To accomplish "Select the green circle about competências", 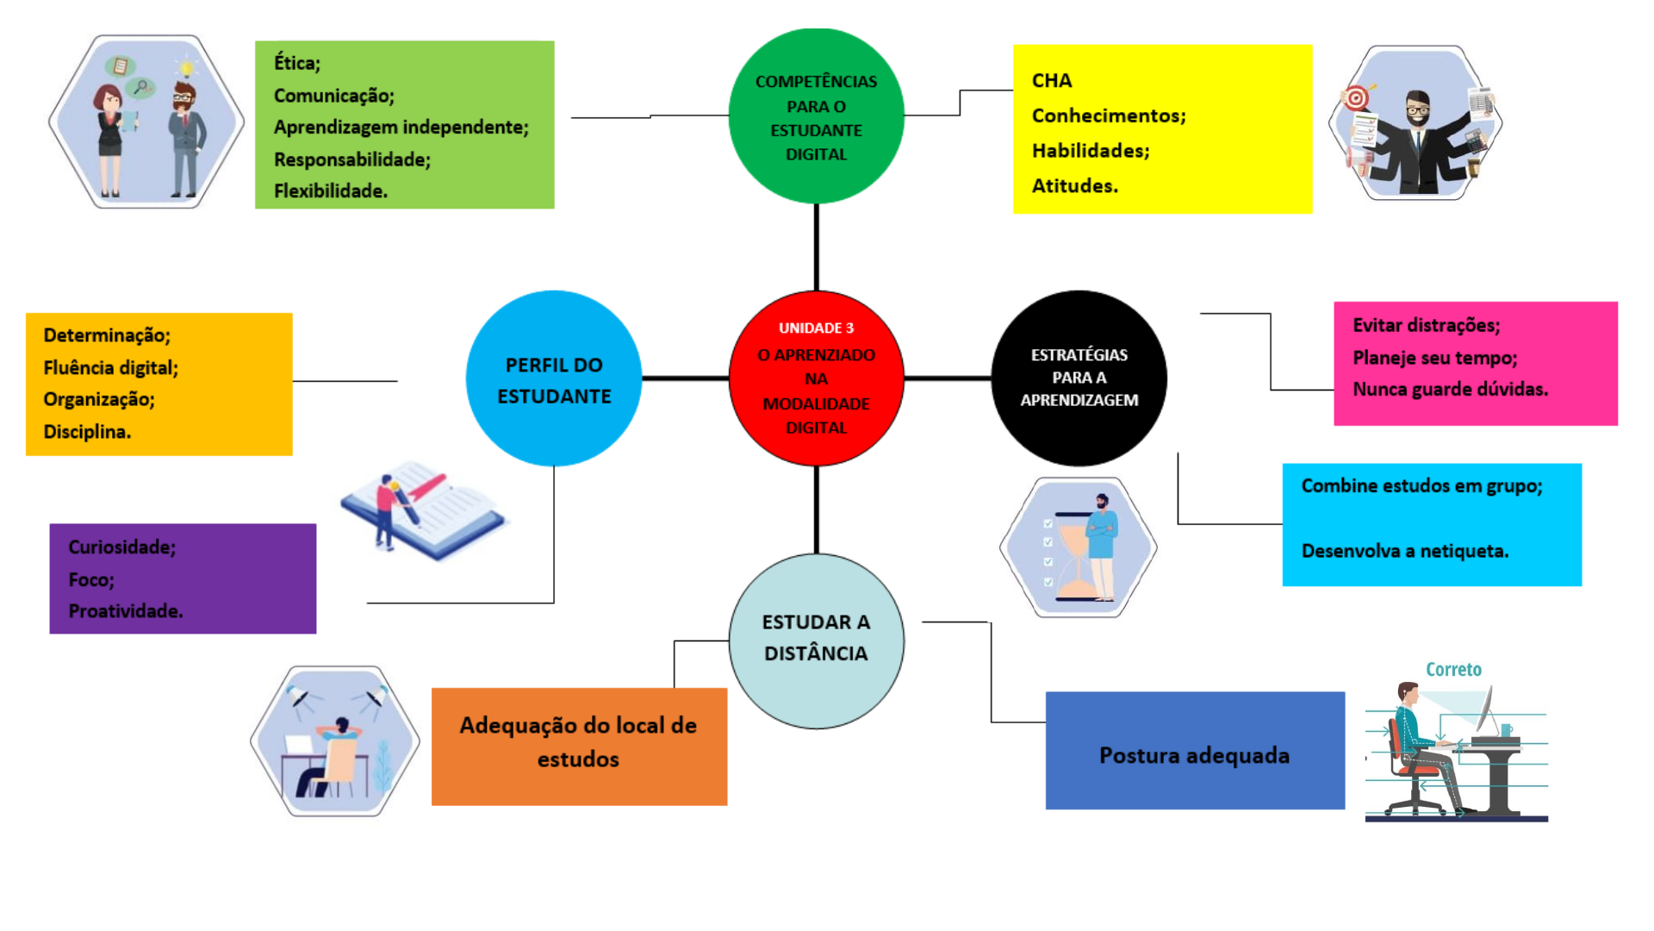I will (x=816, y=116).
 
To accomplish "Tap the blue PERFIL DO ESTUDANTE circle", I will (x=553, y=379).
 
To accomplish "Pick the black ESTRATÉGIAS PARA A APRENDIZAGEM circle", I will (x=1079, y=378).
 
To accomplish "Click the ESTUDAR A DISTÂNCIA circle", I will (x=816, y=640).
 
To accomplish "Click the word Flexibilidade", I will (x=330, y=191).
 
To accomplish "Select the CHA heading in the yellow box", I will (x=1052, y=81).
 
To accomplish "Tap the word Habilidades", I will (x=1090, y=151).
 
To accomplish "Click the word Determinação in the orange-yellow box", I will (x=107, y=335).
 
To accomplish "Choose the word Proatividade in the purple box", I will (x=125, y=611).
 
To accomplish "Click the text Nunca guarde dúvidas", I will (x=1450, y=390).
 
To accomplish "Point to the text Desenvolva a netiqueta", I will (x=1404, y=552).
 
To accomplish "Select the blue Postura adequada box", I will (x=1195, y=751).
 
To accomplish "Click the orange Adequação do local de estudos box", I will (x=579, y=747).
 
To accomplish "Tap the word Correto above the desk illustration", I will (x=1453, y=670).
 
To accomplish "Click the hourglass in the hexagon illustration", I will (x=1072, y=557).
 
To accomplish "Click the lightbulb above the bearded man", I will (x=186, y=67).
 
